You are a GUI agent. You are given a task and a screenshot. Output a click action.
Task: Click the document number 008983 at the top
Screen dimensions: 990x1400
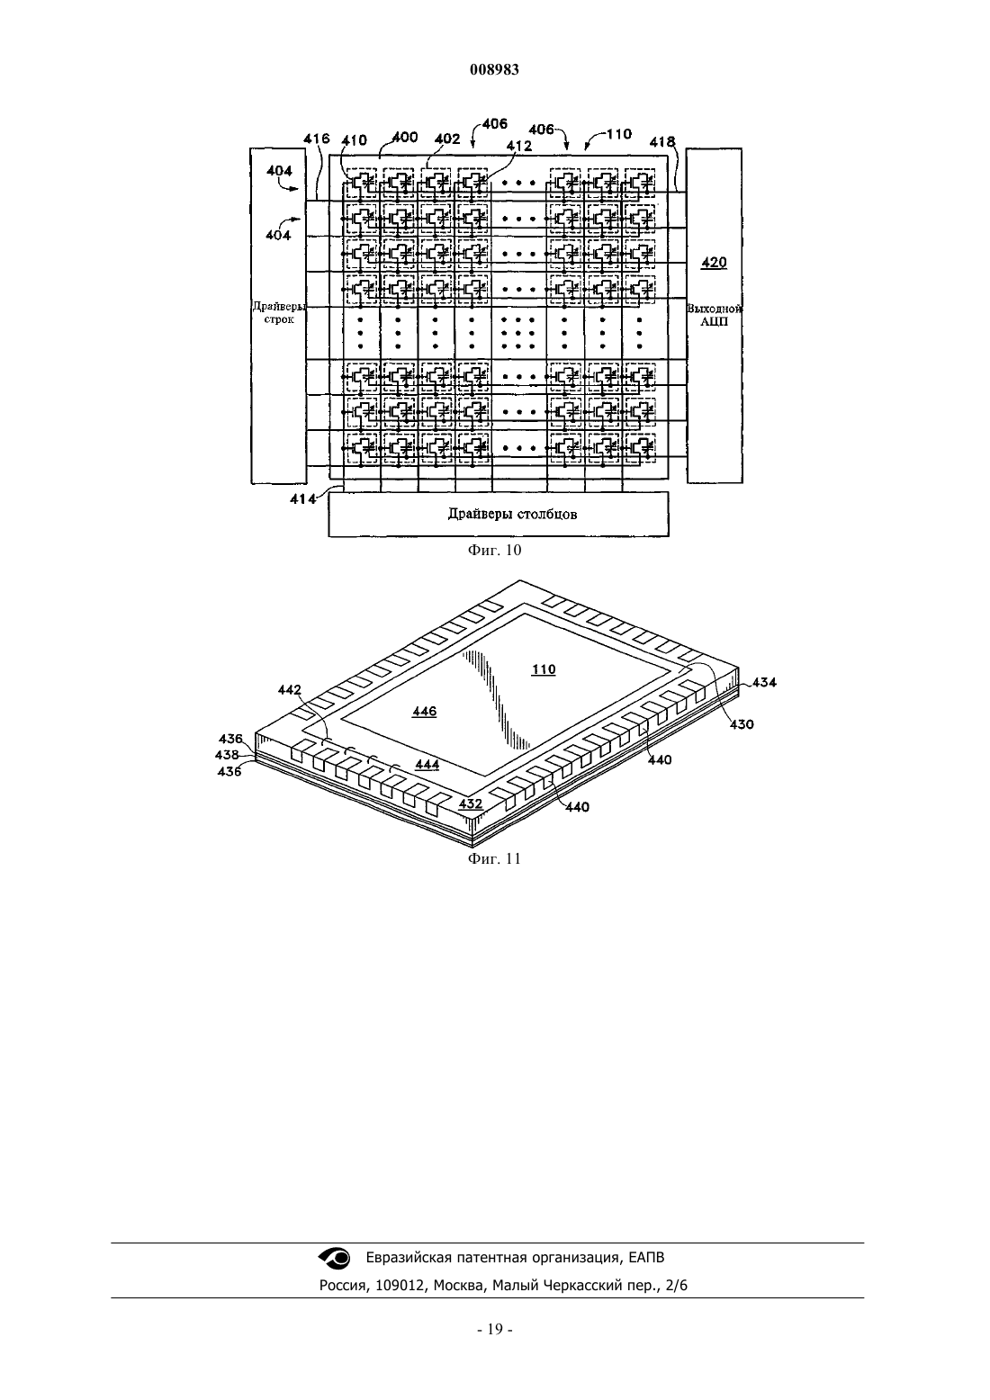tap(494, 69)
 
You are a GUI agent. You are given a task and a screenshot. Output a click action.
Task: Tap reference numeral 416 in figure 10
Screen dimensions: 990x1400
tap(316, 139)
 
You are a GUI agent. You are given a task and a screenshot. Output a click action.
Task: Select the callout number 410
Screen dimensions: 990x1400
tap(354, 140)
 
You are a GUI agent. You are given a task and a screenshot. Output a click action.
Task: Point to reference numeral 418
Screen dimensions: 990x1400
tap(662, 142)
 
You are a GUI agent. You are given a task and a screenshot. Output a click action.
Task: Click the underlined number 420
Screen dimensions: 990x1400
tap(714, 262)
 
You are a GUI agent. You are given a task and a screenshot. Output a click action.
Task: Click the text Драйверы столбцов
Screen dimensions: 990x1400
tap(512, 515)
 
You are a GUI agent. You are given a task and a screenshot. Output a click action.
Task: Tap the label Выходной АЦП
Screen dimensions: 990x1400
tap(715, 316)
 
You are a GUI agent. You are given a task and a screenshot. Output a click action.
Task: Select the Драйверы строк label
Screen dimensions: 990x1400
tap(279, 313)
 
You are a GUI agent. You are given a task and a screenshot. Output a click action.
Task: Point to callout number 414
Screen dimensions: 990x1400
tap(302, 498)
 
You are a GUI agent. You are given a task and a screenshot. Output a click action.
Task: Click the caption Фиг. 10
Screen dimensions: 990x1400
tap(494, 550)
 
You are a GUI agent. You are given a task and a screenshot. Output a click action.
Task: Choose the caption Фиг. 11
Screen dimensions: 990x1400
tap(494, 858)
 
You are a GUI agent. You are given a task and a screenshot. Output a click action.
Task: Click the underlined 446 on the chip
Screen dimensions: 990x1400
tap(425, 712)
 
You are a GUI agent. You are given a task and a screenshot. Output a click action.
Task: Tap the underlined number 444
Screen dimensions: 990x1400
tap(427, 765)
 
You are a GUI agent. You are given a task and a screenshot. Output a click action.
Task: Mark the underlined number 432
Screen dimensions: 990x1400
tap(471, 803)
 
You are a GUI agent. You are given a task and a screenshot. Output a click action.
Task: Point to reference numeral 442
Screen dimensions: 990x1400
tap(290, 690)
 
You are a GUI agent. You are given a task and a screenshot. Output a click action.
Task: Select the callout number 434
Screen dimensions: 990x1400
tap(764, 683)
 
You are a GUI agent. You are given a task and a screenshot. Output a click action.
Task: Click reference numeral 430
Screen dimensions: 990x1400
tap(742, 724)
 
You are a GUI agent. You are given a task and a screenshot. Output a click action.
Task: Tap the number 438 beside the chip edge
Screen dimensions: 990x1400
tap(227, 755)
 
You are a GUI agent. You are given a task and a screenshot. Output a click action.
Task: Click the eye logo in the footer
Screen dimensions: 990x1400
tap(335, 1257)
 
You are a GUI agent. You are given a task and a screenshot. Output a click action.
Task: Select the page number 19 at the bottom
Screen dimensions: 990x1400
tap(494, 1329)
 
